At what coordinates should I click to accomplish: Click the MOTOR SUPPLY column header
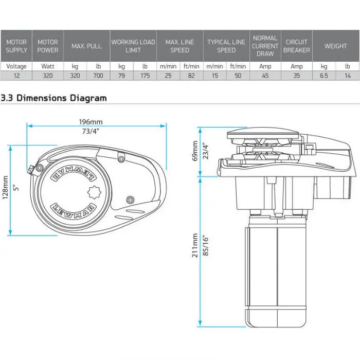click(16, 46)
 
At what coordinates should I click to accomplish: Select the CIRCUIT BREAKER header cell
click(297, 46)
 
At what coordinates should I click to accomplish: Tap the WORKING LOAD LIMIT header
click(133, 46)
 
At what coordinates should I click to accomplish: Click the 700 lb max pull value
click(98, 76)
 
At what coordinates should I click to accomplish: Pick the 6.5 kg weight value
click(324, 76)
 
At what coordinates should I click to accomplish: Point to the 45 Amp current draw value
click(265, 76)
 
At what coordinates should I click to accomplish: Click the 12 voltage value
click(16, 76)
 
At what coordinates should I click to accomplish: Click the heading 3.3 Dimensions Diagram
click(54, 98)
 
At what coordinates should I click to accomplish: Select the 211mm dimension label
click(194, 246)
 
